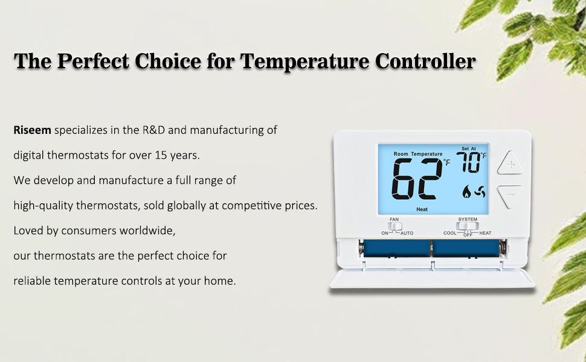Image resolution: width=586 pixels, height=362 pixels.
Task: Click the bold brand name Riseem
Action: [x=32, y=130]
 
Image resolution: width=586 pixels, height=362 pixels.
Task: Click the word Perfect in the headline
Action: [x=93, y=61]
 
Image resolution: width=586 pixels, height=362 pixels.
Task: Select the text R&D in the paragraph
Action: [x=153, y=130]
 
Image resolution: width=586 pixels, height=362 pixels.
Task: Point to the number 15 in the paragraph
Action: [x=161, y=155]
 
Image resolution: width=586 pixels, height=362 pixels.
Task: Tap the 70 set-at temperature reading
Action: [x=468, y=162]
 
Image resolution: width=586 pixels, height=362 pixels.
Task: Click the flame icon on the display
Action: [x=466, y=191]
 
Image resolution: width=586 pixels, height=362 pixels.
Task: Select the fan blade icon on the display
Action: [x=480, y=192]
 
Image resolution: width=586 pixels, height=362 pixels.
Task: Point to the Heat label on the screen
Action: [x=422, y=209]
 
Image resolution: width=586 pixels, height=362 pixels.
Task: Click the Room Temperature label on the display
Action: [x=418, y=154]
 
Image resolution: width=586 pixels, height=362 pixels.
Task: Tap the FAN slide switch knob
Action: [x=394, y=226]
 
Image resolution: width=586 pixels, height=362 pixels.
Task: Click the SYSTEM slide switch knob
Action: [x=467, y=226]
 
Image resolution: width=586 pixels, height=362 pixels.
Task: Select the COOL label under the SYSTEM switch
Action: [x=449, y=233]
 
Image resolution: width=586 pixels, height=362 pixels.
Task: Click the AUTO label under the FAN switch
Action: [x=407, y=233]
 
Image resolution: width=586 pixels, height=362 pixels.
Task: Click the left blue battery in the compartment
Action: [x=396, y=248]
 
